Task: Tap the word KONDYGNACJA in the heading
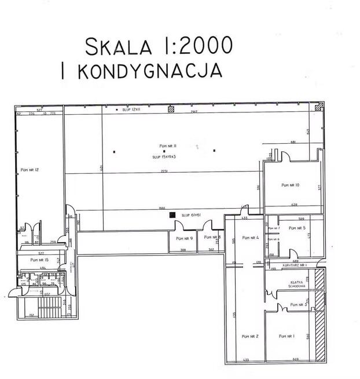coord(149,71)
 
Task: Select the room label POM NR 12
coord(28,170)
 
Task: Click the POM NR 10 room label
coord(290,185)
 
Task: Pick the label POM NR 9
coord(184,238)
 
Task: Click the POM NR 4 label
coord(250,238)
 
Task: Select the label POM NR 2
coord(249,336)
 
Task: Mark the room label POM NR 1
coord(286,336)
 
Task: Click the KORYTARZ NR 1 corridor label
coord(295,265)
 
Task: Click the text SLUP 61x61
coord(190,215)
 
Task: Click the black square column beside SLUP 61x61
coord(172,215)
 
